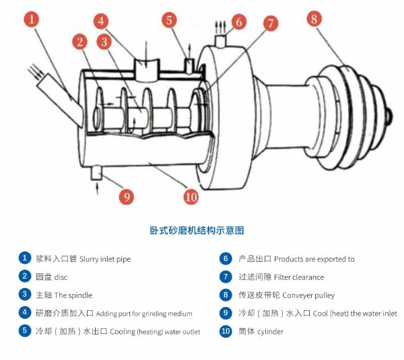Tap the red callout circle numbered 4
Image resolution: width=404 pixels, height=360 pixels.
(x=101, y=21)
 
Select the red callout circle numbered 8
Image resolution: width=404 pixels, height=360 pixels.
(x=313, y=19)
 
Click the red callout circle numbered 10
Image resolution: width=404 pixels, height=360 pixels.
(x=191, y=197)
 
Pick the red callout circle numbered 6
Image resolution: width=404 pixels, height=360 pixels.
(x=238, y=22)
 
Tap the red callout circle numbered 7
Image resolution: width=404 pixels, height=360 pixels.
(x=271, y=24)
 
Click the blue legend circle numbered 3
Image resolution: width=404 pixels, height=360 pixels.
(x=25, y=295)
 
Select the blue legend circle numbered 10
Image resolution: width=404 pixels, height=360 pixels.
(x=226, y=331)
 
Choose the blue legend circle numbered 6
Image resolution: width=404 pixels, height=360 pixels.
(x=226, y=258)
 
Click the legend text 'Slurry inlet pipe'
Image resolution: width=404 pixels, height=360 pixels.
(x=105, y=259)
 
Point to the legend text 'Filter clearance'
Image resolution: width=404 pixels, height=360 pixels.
(x=298, y=277)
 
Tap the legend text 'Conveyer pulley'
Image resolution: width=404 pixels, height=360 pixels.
(x=308, y=295)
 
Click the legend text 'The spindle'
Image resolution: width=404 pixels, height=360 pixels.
(x=73, y=295)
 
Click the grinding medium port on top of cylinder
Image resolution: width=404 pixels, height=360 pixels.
(x=145, y=69)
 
